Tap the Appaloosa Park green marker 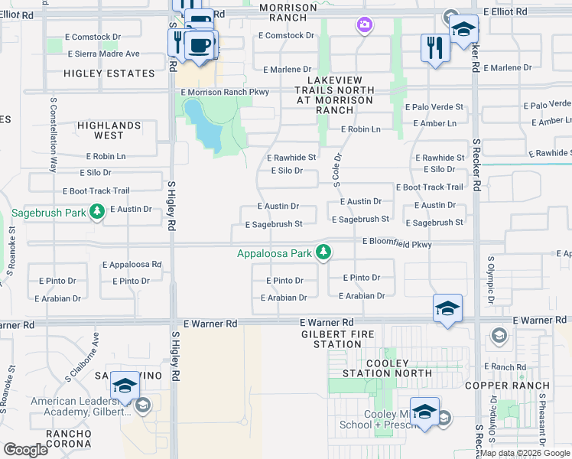(324, 252)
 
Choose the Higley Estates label (109, 73)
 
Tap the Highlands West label (109, 130)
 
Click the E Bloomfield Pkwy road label (397, 243)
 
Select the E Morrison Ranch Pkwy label (226, 93)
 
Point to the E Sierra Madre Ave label (104, 54)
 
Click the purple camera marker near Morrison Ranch (365, 26)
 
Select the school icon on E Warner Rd (447, 309)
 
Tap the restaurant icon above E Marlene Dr (434, 48)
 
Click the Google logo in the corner (26, 450)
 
